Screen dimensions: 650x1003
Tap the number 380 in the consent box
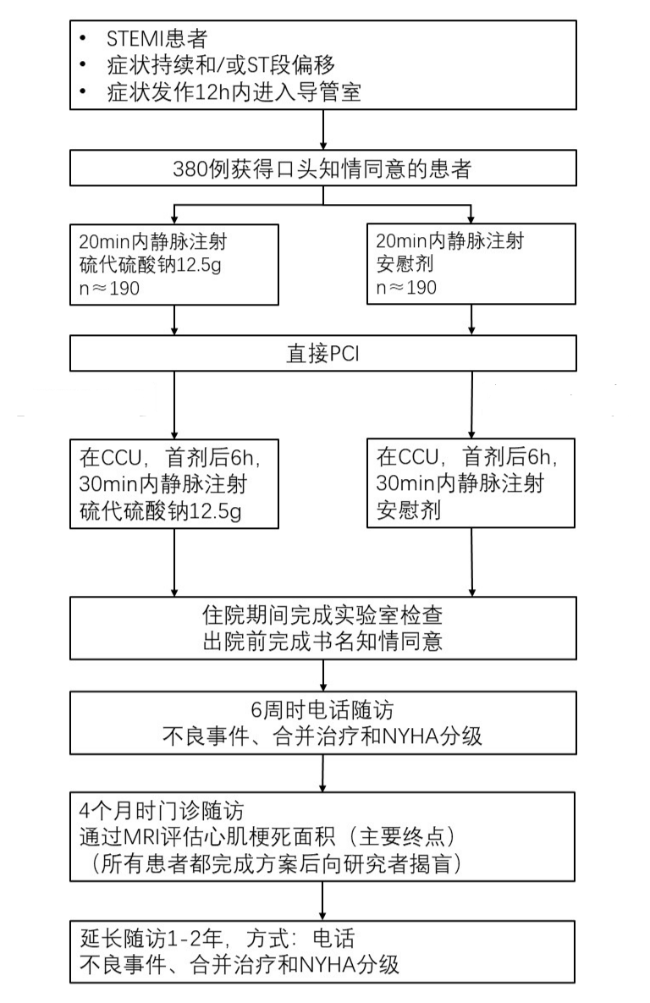pyautogui.click(x=190, y=169)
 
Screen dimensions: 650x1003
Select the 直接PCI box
pyautogui.click(x=323, y=353)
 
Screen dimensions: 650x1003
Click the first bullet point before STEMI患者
pyautogui.click(x=83, y=39)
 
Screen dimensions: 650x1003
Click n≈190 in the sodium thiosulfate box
pyautogui.click(x=109, y=289)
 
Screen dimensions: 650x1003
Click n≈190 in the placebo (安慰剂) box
pyautogui.click(x=406, y=288)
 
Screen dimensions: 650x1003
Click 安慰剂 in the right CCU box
pyautogui.click(x=408, y=510)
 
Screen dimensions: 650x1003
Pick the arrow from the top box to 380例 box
pyautogui.click(x=323, y=130)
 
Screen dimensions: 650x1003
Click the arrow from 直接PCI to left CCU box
pyautogui.click(x=174, y=405)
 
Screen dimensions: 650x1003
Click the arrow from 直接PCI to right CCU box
pyautogui.click(x=471, y=405)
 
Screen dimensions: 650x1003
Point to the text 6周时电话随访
pyautogui.click(x=322, y=710)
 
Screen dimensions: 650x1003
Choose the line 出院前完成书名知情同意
pyautogui.click(x=322, y=642)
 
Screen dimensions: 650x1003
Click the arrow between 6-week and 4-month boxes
pyautogui.click(x=322, y=774)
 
